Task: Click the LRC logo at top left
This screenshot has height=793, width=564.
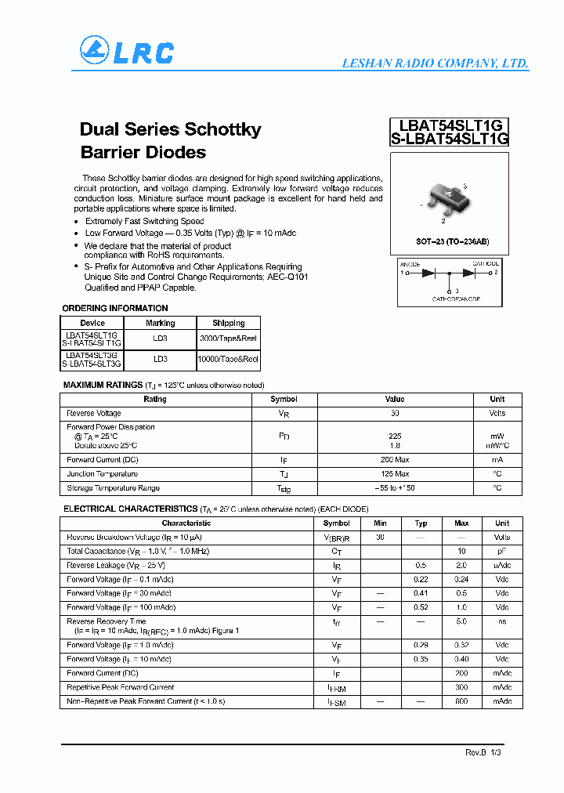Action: pos(126,52)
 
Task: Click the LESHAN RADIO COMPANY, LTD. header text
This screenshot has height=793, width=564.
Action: pos(435,63)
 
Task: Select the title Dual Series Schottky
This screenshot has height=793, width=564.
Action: pos(170,129)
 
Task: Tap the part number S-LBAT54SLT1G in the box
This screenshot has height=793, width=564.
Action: pos(450,139)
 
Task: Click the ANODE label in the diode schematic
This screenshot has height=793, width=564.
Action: pos(410,264)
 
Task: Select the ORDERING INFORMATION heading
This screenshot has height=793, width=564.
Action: pos(115,308)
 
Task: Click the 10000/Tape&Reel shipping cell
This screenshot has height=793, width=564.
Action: pos(229,359)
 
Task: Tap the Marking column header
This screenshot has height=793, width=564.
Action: pos(161,323)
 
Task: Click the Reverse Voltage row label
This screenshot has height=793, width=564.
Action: pos(94,413)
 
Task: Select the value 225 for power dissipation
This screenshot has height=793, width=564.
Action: pos(395,436)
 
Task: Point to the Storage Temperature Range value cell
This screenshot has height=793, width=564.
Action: pos(395,488)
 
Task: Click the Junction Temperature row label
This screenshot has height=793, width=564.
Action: pos(102,474)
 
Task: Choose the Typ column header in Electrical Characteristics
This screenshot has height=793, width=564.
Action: pos(421,523)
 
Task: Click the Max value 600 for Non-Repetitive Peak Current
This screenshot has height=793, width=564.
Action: pos(461,701)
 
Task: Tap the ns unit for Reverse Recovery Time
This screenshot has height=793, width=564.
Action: pos(502,621)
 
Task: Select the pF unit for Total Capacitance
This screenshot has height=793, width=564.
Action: pos(502,552)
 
